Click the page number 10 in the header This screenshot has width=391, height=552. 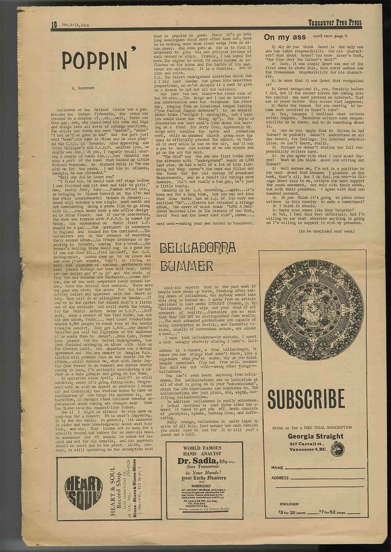pyautogui.click(x=54, y=25)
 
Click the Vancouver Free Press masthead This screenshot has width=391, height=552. pyautogui.click(x=335, y=23)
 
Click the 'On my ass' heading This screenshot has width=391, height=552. pyautogui.click(x=285, y=37)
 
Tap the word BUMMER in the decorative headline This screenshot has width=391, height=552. pyautogui.click(x=187, y=267)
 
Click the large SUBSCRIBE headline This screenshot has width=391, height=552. pyautogui.click(x=306, y=399)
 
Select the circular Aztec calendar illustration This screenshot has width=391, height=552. pyautogui.click(x=312, y=310)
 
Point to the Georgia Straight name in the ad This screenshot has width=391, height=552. pyautogui.click(x=316, y=436)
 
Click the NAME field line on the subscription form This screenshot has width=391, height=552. pyautogui.click(x=325, y=468)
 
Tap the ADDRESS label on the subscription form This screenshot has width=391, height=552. pyautogui.click(x=280, y=478)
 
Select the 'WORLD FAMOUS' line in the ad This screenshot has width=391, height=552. pyautogui.click(x=202, y=448)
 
